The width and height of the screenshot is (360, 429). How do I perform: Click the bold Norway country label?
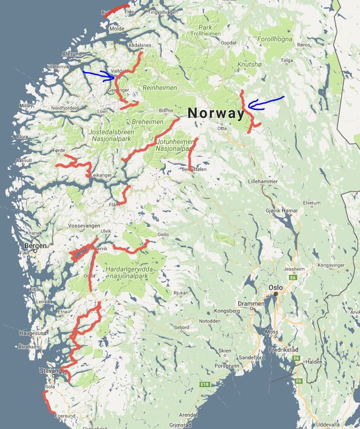click(215, 113)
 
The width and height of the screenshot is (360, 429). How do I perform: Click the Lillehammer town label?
click(263, 182)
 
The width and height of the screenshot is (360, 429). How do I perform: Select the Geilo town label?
click(164, 234)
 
